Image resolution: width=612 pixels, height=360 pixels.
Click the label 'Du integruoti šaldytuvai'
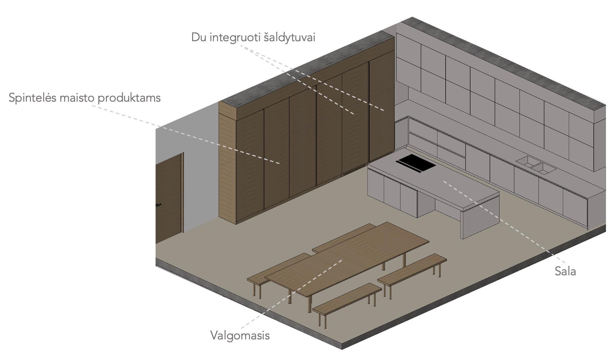(253, 37)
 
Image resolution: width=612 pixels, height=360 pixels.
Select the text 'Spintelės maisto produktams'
(84, 98)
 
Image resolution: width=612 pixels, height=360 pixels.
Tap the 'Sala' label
(565, 271)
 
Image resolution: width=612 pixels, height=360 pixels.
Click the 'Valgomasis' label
(240, 335)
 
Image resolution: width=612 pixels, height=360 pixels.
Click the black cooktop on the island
(415, 163)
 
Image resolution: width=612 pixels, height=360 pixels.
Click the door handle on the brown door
(158, 205)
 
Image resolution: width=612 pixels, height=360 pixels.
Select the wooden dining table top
(348, 257)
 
